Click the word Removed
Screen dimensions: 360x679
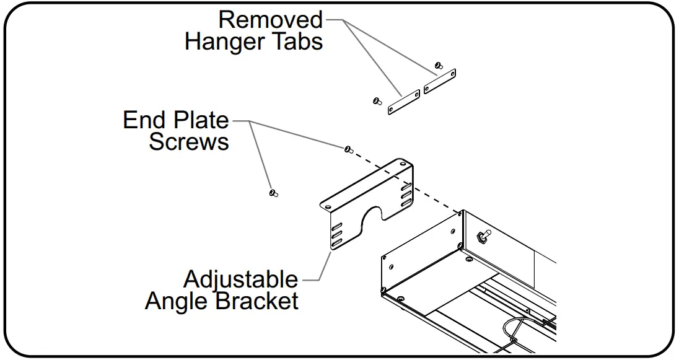(270, 20)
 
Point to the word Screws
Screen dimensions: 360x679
(189, 142)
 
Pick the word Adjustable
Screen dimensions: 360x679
(240, 279)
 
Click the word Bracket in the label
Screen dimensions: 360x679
(257, 302)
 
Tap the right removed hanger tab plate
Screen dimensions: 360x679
(440, 81)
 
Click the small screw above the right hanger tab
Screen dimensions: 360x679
(439, 64)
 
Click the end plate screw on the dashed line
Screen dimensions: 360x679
(348, 149)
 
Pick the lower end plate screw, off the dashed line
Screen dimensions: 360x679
(273, 193)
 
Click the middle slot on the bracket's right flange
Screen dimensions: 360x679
(406, 195)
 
